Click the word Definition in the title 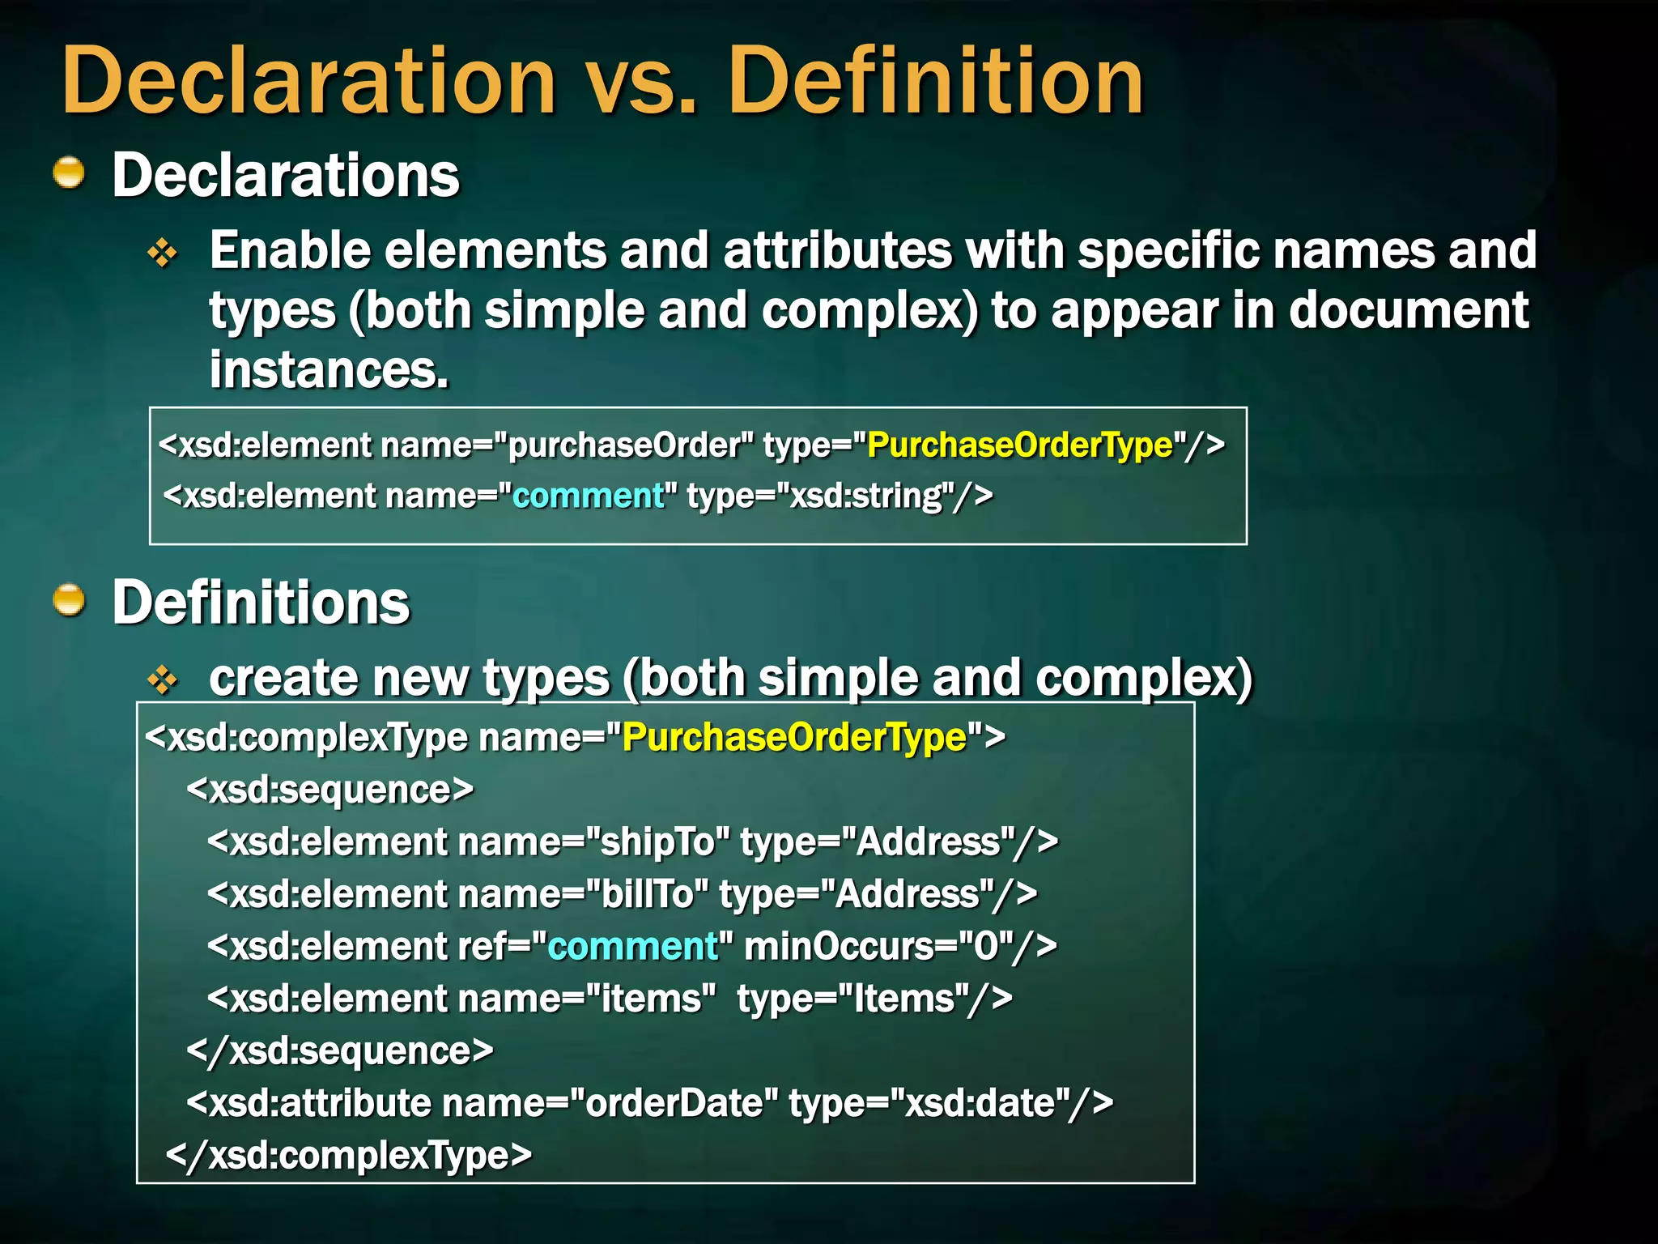[935, 81]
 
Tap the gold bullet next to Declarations [70, 173]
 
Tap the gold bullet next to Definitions [70, 600]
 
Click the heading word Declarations [286, 175]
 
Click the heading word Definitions [261, 603]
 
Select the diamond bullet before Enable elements [163, 253]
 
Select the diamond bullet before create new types [163, 680]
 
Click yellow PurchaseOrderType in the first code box [1020, 445]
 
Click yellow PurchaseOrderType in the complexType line [794, 737]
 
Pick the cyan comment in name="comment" [588, 496]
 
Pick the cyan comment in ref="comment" [632, 946]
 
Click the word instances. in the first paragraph [329, 370]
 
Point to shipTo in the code [657, 842]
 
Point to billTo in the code [648, 894]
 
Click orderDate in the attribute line [674, 1103]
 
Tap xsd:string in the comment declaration [866, 496]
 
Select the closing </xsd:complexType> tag [348, 1155]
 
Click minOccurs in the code [841, 946]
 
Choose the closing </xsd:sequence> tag [339, 1051]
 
